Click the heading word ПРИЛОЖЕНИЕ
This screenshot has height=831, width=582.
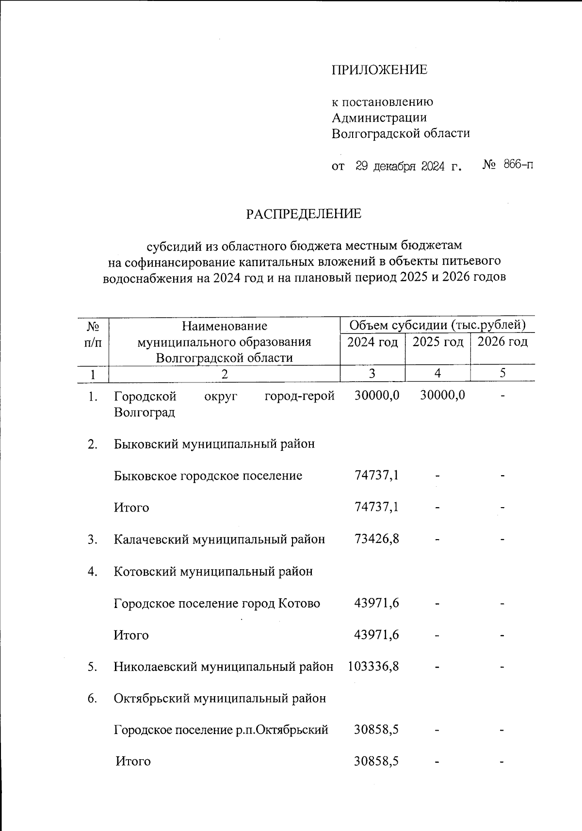point(379,70)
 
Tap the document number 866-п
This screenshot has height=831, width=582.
point(518,165)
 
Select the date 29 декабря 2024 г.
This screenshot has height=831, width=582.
point(408,166)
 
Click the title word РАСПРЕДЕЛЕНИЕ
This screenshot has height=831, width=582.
point(304,214)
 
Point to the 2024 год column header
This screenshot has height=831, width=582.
point(372,342)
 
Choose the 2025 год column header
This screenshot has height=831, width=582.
point(437,342)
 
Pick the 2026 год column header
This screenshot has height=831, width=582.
point(502,342)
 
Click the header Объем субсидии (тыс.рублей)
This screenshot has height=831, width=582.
point(437,325)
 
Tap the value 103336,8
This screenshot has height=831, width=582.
point(373,667)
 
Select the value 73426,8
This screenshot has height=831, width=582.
point(377,539)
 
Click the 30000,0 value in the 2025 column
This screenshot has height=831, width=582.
point(442,396)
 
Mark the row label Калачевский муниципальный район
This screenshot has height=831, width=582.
point(219,539)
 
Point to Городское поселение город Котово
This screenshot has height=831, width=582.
point(217,604)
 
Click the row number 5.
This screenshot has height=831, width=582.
point(92,667)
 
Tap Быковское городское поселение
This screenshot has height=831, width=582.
point(208,476)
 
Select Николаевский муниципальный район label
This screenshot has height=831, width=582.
point(224,667)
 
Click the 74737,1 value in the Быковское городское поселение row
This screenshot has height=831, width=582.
point(377,476)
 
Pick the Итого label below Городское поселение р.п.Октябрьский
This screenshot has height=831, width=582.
point(133,762)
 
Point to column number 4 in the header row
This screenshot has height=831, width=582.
point(437,373)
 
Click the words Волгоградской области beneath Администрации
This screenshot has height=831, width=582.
point(401,133)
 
